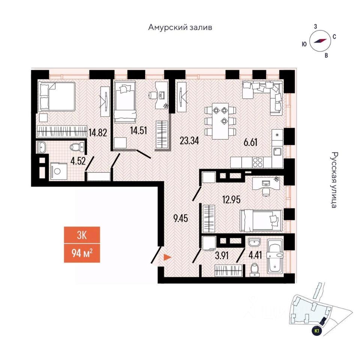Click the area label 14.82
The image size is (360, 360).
point(98,132)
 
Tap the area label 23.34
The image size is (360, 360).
point(189,141)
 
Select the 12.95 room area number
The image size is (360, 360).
point(231,199)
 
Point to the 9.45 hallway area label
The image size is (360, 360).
point(181,218)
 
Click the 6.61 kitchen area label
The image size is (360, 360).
point(250,142)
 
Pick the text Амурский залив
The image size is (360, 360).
point(180,27)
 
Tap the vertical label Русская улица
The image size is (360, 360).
point(334,180)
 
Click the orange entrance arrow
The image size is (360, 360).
point(167,258)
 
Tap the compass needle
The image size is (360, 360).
point(320,41)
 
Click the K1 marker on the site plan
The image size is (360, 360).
point(317,331)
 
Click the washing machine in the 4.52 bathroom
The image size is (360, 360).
point(58,171)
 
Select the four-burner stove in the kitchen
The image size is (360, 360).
point(258,162)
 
